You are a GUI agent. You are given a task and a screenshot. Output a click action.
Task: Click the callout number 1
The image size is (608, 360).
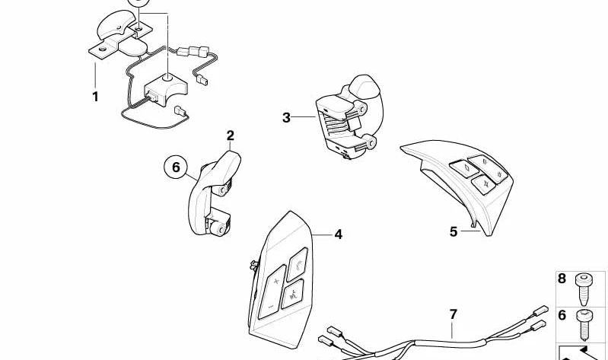point(95,97)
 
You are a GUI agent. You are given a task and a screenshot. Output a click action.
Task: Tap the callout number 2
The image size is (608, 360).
point(231,135)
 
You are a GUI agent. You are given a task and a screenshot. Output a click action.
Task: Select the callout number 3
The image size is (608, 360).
point(286,117)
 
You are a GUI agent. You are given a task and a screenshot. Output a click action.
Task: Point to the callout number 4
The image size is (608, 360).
point(338,234)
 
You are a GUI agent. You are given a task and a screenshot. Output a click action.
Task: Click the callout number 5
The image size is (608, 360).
point(454,231)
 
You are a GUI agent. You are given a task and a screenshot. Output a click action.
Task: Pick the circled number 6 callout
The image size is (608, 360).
point(176,167)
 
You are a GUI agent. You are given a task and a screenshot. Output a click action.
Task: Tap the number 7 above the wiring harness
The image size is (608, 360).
point(453,314)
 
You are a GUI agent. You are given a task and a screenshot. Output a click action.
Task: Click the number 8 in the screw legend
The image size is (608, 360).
point(562,279)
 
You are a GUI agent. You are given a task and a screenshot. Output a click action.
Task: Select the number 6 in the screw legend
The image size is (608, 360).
point(562,315)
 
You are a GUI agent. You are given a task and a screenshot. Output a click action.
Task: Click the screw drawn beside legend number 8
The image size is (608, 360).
point(582,289)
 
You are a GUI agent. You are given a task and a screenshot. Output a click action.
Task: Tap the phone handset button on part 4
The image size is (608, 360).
point(298,264)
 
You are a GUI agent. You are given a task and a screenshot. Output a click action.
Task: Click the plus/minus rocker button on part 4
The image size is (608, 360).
point(272,292)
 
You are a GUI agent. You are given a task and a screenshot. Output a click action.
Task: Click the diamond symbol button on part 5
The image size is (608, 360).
point(464,169)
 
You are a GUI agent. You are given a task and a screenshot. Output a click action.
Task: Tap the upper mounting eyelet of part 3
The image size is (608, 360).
point(362,109)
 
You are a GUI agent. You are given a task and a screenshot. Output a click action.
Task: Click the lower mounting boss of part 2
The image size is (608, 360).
point(219,228)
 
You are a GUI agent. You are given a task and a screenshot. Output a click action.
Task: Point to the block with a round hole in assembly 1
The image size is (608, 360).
point(166,89)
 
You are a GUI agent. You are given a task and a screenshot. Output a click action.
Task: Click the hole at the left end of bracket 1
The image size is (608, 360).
point(103,49)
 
